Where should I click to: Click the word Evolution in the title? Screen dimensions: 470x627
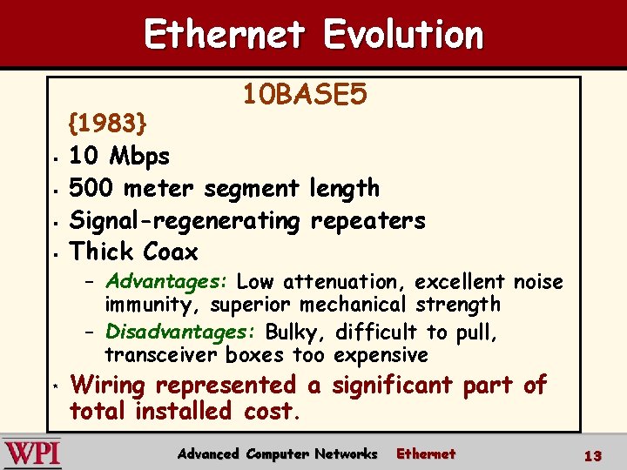[402, 35]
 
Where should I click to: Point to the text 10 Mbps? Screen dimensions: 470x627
[119, 157]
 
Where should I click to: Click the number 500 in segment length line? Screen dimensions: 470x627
[91, 188]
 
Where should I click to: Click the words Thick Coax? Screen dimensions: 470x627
[134, 252]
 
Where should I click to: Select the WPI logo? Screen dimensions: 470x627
[31, 453]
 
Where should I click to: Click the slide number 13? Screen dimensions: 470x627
[593, 455]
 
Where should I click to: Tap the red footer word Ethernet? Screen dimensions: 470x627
[426, 453]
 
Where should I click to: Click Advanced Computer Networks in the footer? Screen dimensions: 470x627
[277, 453]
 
